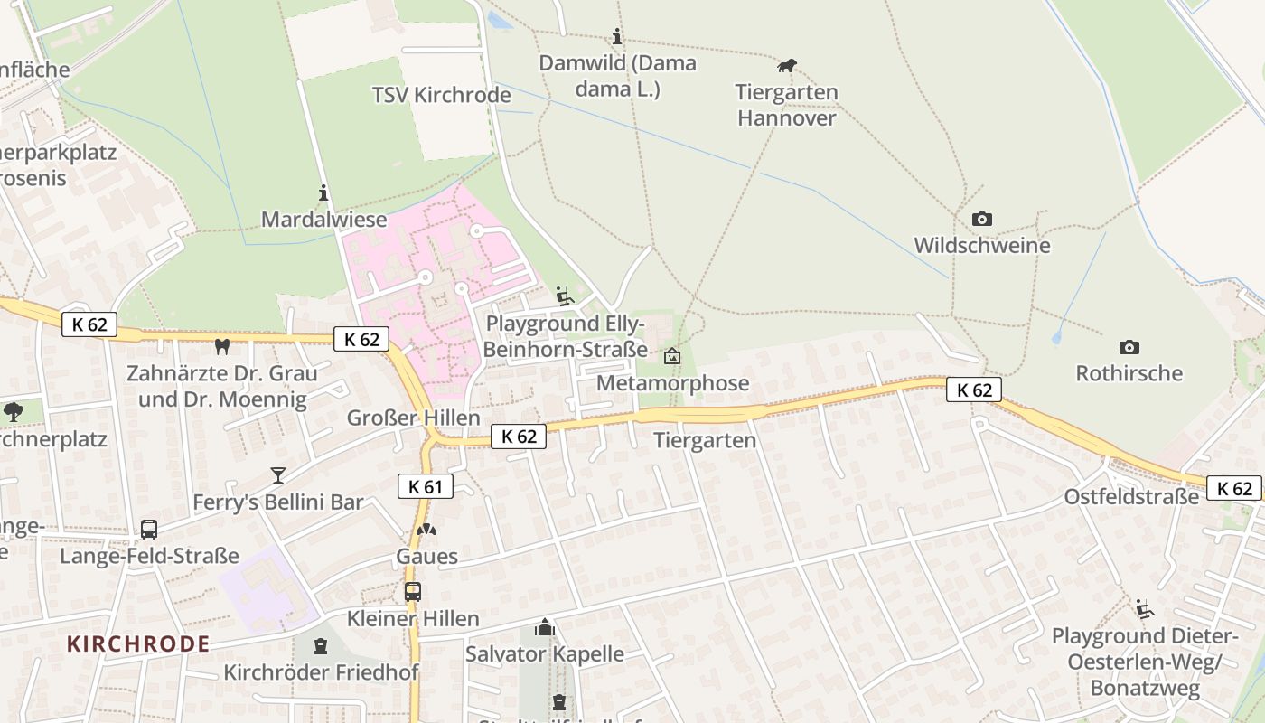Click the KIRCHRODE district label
tap(138, 644)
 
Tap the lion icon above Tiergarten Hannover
tap(787, 66)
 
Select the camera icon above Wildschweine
tap(981, 220)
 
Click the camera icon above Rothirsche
tap(1129, 347)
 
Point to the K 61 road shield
tap(425, 486)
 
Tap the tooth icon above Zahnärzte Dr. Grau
tap(221, 346)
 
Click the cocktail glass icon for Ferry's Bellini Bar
tap(277, 475)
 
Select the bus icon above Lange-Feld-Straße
tap(149, 530)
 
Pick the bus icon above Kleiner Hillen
tap(412, 592)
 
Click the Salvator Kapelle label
tap(544, 653)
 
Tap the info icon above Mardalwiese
tap(323, 192)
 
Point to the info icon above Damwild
tap(617, 37)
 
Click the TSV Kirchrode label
tap(428, 95)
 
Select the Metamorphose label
tap(672, 383)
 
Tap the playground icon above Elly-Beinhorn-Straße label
tap(565, 296)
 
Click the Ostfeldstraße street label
tap(1130, 497)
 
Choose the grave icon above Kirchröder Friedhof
tap(320, 646)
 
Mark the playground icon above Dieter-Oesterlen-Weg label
tap(1144, 609)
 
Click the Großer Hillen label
tap(413, 418)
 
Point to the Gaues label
tap(426, 556)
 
